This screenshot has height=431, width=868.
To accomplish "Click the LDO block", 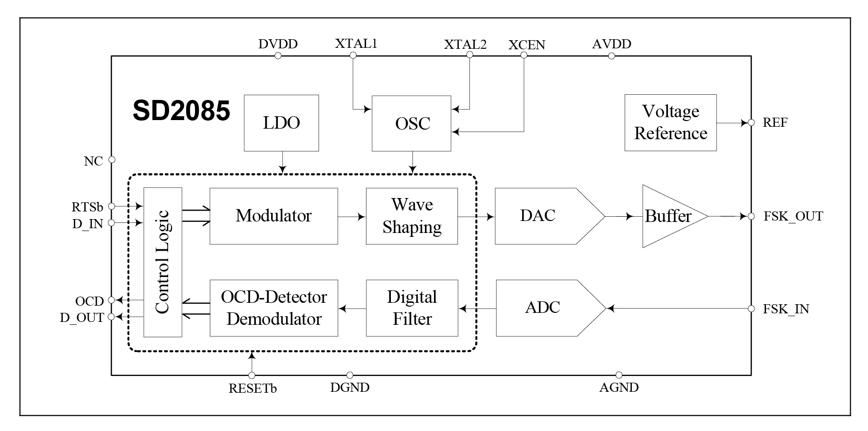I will (x=281, y=123).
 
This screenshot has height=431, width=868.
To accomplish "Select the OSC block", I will (x=411, y=123).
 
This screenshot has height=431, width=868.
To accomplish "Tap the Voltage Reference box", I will (x=670, y=122).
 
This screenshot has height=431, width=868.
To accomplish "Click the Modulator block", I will (x=274, y=216).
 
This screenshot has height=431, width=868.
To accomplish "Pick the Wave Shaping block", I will (x=411, y=216).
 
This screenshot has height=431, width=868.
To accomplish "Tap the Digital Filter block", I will (x=411, y=308).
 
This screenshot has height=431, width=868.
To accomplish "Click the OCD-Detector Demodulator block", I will (x=274, y=308).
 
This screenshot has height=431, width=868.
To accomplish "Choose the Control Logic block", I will (x=163, y=262).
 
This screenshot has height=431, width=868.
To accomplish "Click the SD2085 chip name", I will (x=182, y=111).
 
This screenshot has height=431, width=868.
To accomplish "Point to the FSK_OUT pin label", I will (x=793, y=217).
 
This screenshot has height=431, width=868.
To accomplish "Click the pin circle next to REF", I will (x=751, y=123).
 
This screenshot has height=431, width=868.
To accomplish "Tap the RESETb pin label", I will (x=252, y=388).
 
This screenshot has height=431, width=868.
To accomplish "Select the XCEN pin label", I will (x=526, y=45).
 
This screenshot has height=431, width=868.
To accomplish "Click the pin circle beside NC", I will (x=112, y=160).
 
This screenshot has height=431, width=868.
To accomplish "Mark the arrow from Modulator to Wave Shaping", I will (x=352, y=217).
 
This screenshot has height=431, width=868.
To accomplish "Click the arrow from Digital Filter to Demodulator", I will (x=352, y=309).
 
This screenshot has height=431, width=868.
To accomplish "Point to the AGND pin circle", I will (x=619, y=375).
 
